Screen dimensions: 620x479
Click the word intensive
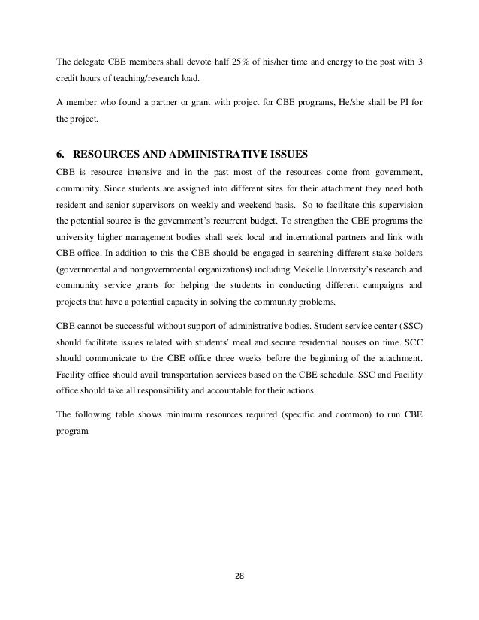[134, 172]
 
